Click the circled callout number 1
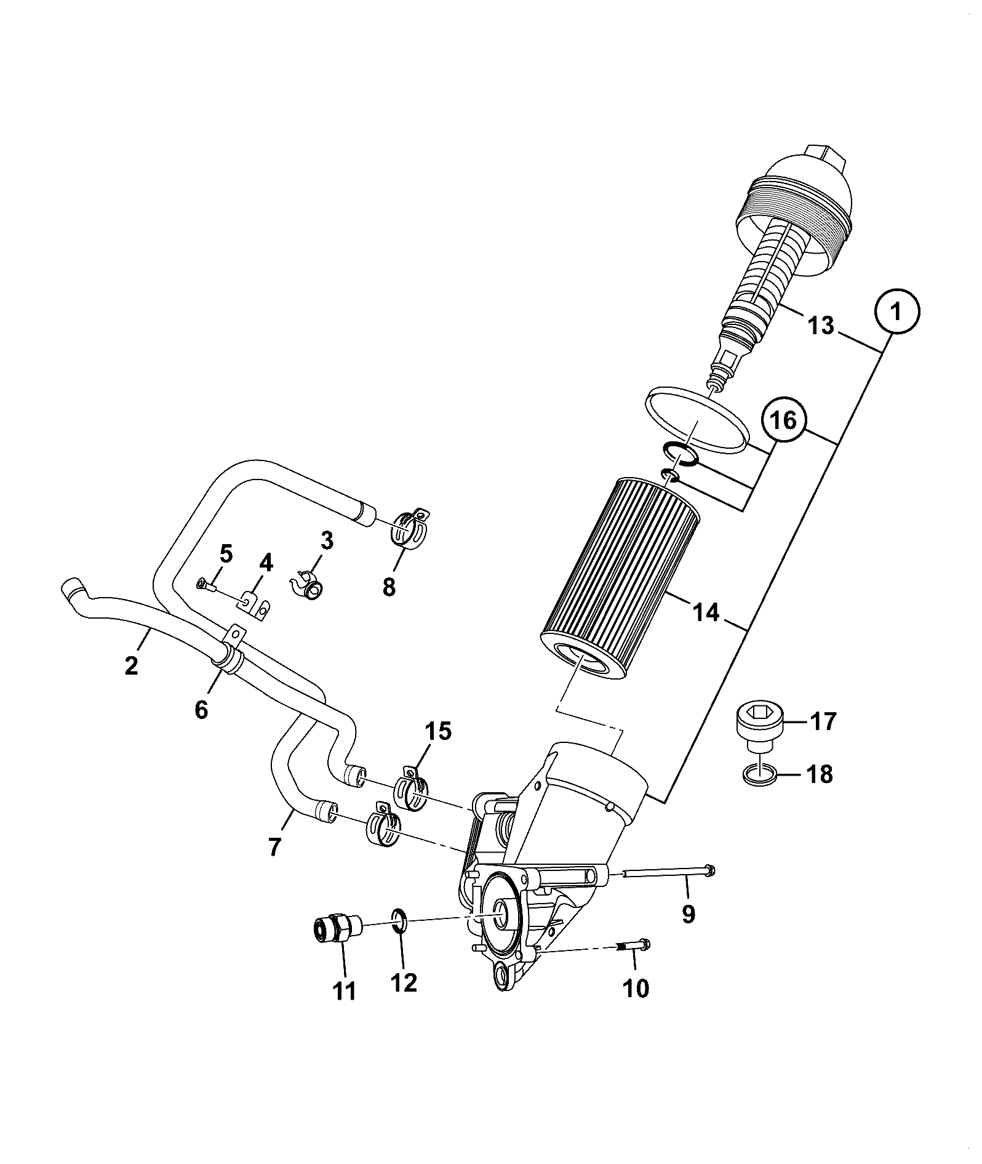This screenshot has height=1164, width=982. (896, 312)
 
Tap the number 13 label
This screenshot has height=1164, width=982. (821, 325)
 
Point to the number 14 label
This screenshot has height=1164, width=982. (706, 612)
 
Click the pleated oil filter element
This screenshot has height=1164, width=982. (620, 580)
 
